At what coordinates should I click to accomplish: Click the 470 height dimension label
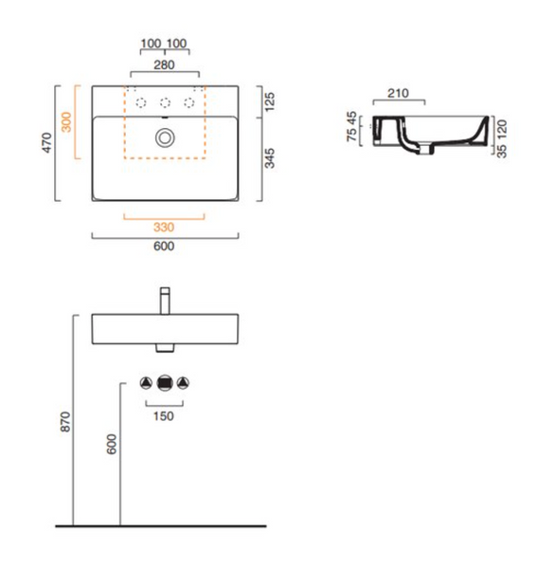point(47,142)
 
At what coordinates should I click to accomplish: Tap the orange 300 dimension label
point(66,122)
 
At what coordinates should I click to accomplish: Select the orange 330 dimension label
point(164,228)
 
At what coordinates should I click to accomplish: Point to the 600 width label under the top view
point(164,246)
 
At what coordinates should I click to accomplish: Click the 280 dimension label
point(164,64)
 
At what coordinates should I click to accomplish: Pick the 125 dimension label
point(270,102)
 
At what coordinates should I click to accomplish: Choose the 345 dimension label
point(270,158)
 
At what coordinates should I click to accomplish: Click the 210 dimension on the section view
point(399,93)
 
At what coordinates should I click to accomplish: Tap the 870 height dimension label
point(65,422)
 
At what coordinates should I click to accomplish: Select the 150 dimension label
point(164,416)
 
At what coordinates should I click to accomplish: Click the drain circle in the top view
point(165,138)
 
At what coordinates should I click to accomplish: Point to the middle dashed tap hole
point(166,103)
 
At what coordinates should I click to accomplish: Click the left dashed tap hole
point(141,103)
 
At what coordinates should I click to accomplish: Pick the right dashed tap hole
point(189,103)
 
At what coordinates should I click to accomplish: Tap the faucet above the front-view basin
point(165,301)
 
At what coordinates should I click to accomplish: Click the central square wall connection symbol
point(165,383)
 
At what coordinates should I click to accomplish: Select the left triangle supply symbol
point(146,383)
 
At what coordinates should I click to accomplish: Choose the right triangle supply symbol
point(183,383)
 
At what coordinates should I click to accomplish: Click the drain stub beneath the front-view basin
point(165,348)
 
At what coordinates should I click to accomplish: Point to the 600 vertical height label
point(112,444)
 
